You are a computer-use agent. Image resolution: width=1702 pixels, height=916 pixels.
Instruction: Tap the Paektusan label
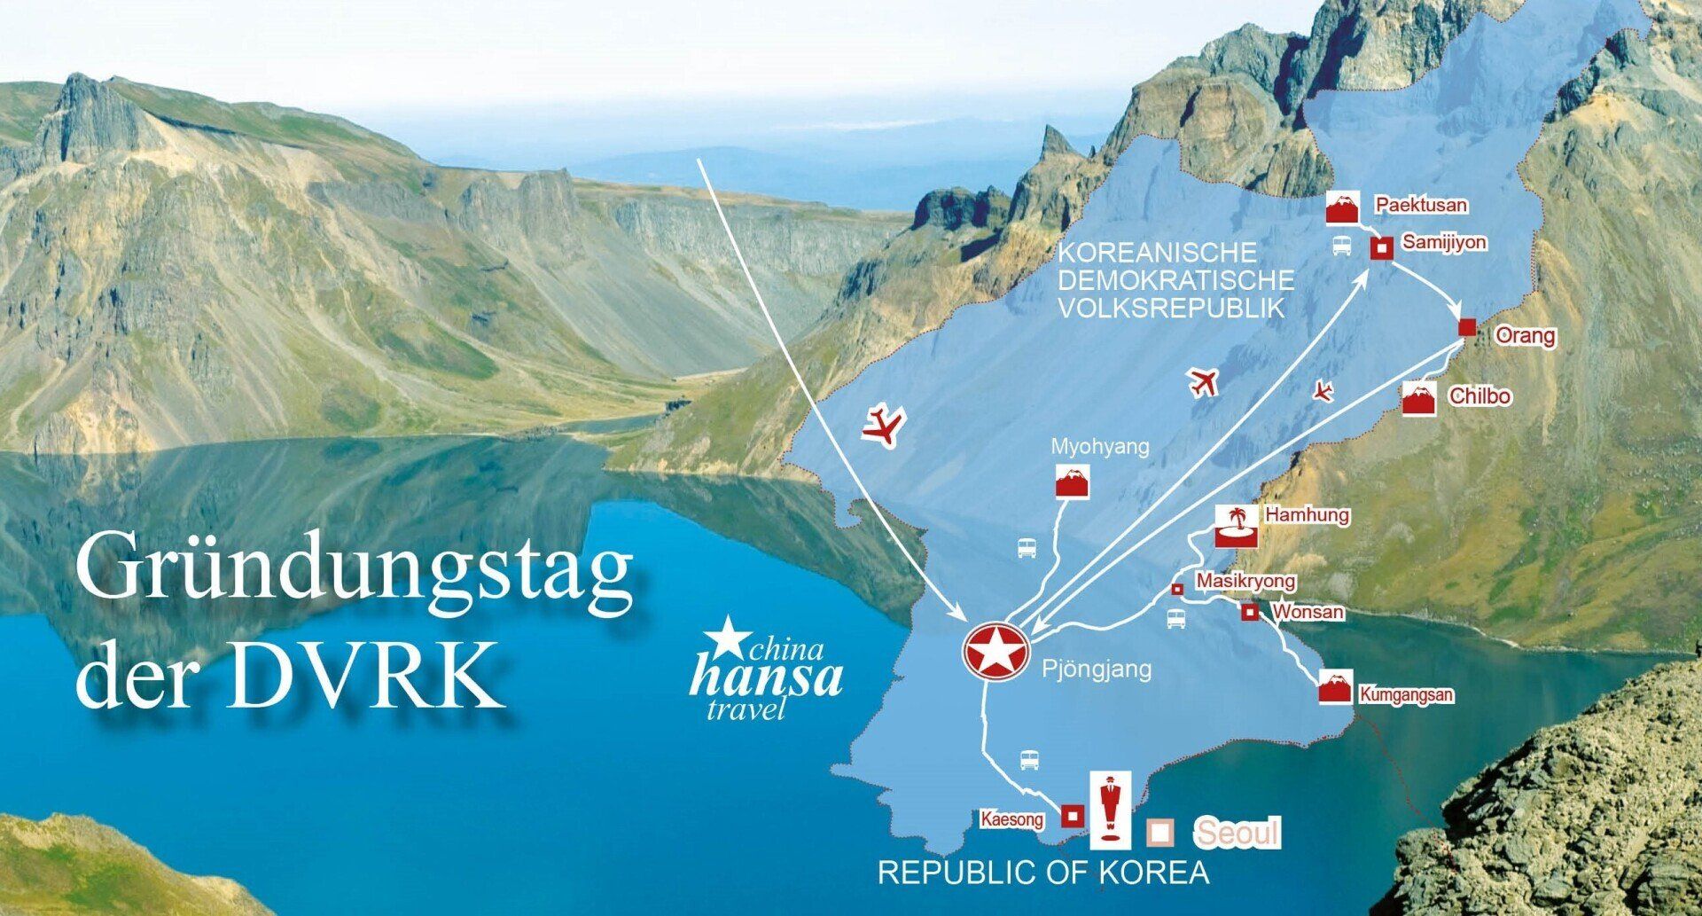(x=1420, y=205)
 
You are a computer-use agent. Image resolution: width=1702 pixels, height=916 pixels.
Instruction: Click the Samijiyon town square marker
(x=1381, y=248)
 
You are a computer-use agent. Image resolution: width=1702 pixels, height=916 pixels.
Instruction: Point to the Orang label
(x=1525, y=335)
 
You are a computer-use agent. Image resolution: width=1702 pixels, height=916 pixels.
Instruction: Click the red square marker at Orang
(x=1467, y=327)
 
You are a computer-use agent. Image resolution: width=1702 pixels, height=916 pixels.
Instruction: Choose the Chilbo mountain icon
(x=1418, y=400)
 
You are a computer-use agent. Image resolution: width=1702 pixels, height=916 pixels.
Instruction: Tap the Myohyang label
(x=1099, y=447)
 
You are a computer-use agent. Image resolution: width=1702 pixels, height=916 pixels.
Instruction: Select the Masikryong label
(x=1245, y=581)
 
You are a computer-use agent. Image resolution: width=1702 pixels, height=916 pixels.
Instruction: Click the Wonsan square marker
(x=1249, y=612)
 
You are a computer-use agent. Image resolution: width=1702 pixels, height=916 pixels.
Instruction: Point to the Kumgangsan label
(x=1406, y=694)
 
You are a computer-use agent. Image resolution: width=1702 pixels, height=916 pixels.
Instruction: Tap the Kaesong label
(x=1011, y=819)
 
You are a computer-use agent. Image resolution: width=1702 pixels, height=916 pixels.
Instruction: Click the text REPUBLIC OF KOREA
(x=1043, y=873)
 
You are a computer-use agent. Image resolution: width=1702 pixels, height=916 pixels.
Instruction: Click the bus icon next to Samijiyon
(x=1342, y=246)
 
